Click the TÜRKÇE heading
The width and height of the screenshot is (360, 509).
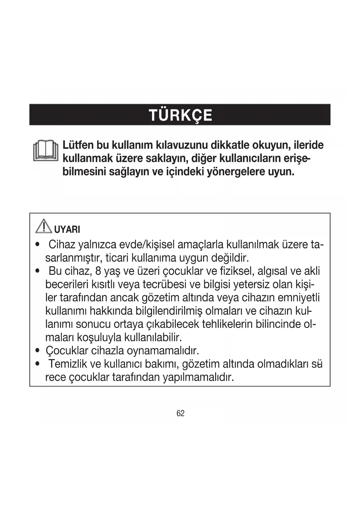tap(180, 115)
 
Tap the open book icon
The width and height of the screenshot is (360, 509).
tap(46, 151)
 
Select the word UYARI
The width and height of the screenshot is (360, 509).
tap(67, 230)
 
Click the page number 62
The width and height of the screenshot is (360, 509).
tap(180, 413)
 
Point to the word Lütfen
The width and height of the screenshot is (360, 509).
tap(77, 145)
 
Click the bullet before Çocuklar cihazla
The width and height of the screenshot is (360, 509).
tap(37, 351)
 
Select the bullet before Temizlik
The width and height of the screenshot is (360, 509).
tap(37, 364)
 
